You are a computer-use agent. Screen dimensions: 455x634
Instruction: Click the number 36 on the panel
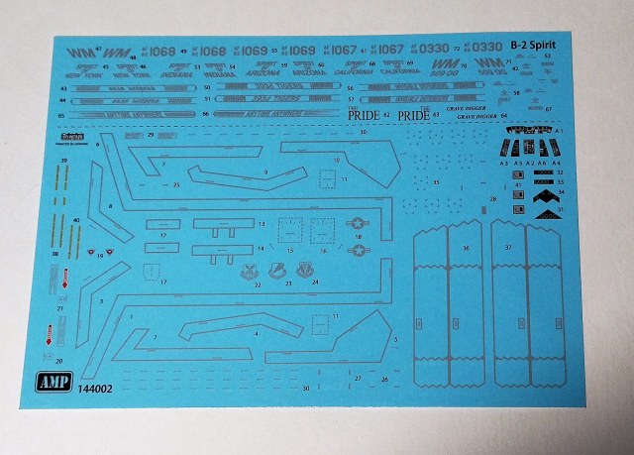(x=464, y=248)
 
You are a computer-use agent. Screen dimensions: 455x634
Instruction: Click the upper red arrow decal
(x=64, y=284)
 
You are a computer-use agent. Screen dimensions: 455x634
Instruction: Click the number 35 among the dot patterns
(x=436, y=183)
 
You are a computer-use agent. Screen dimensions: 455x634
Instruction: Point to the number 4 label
(x=257, y=334)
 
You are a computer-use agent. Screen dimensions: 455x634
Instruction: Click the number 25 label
(x=175, y=184)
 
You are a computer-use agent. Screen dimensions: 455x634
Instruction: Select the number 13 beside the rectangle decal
(x=261, y=224)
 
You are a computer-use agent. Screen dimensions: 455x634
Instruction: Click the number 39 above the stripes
(x=64, y=161)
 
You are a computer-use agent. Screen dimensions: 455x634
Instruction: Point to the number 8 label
(x=110, y=205)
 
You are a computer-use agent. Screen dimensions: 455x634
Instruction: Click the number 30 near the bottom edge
(x=306, y=388)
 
